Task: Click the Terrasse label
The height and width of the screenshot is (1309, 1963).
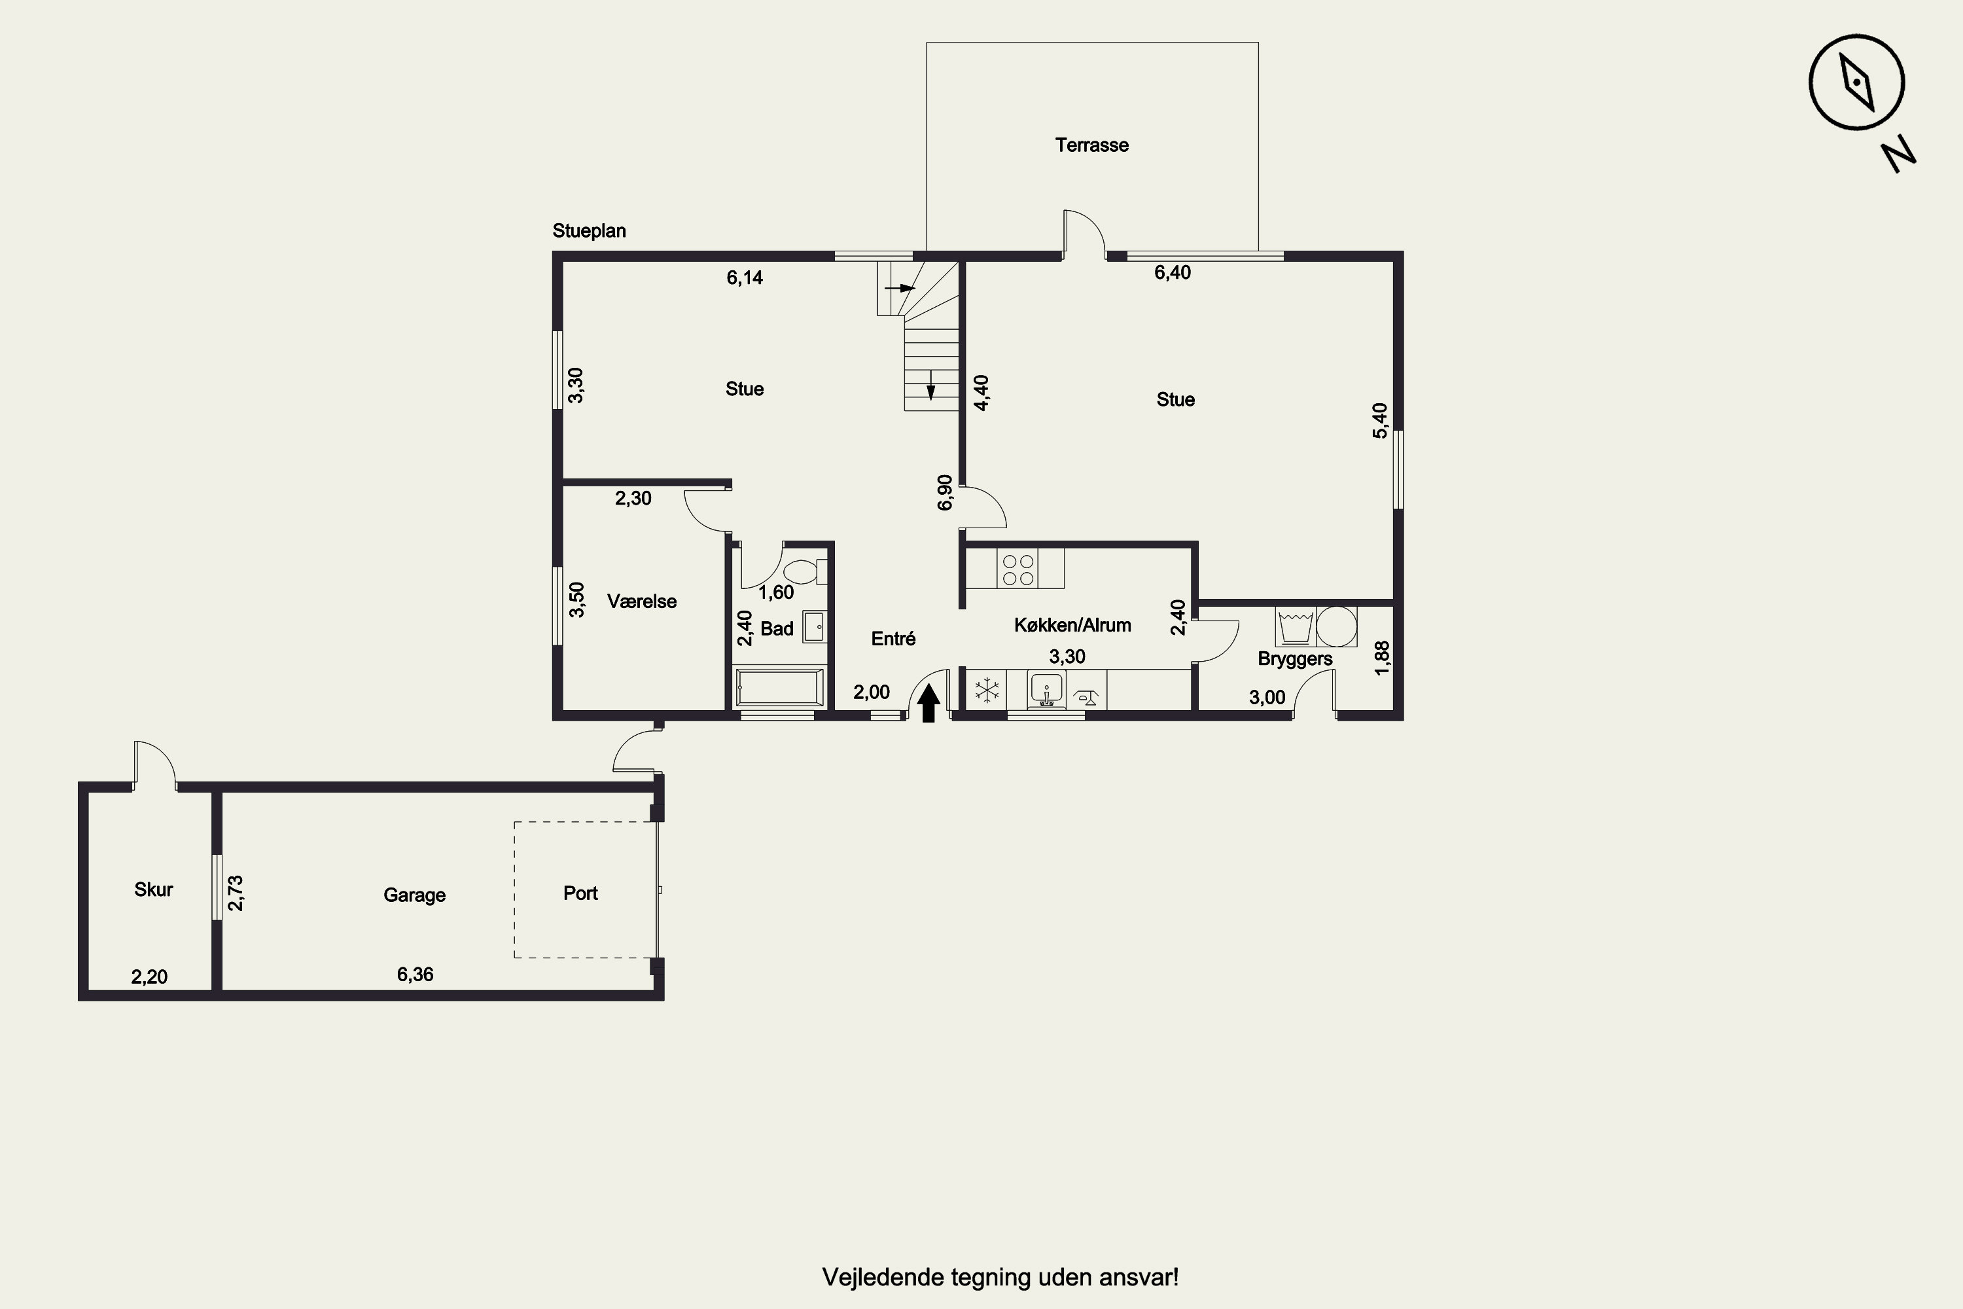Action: [1091, 145]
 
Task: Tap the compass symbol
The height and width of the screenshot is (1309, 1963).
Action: [1856, 82]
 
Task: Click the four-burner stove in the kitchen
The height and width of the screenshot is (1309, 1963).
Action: [1018, 569]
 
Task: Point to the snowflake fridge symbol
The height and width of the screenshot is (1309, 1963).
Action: [987, 690]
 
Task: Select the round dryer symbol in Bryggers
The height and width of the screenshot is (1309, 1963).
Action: [1336, 626]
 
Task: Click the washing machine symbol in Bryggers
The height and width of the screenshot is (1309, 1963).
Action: [1296, 626]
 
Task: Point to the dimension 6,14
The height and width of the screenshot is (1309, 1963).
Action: [745, 278]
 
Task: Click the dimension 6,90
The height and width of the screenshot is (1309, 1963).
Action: [945, 493]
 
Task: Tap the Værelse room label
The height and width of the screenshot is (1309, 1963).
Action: [642, 602]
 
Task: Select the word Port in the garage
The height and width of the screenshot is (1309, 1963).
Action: [581, 893]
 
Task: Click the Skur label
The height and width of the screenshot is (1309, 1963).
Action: [154, 890]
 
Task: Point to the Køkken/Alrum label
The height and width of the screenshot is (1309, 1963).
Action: [1072, 625]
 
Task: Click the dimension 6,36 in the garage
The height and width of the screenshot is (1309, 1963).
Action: [415, 975]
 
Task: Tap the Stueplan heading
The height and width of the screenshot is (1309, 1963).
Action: [590, 231]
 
